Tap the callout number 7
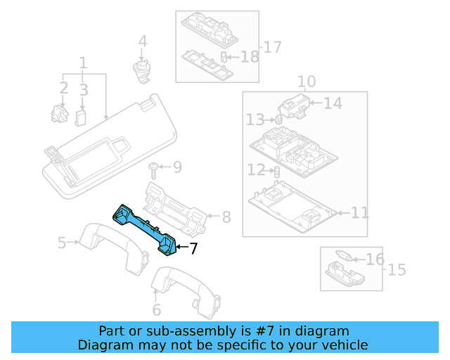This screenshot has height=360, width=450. (193, 247)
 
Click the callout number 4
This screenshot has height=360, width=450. (143, 42)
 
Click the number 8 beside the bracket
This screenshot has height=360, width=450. (226, 217)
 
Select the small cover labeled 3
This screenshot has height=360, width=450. (81, 115)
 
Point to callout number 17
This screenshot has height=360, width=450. (271, 48)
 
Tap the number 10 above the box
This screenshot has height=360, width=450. (307, 82)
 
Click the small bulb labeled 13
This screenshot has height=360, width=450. (278, 120)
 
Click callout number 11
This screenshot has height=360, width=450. (359, 212)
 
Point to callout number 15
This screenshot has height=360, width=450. (397, 269)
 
